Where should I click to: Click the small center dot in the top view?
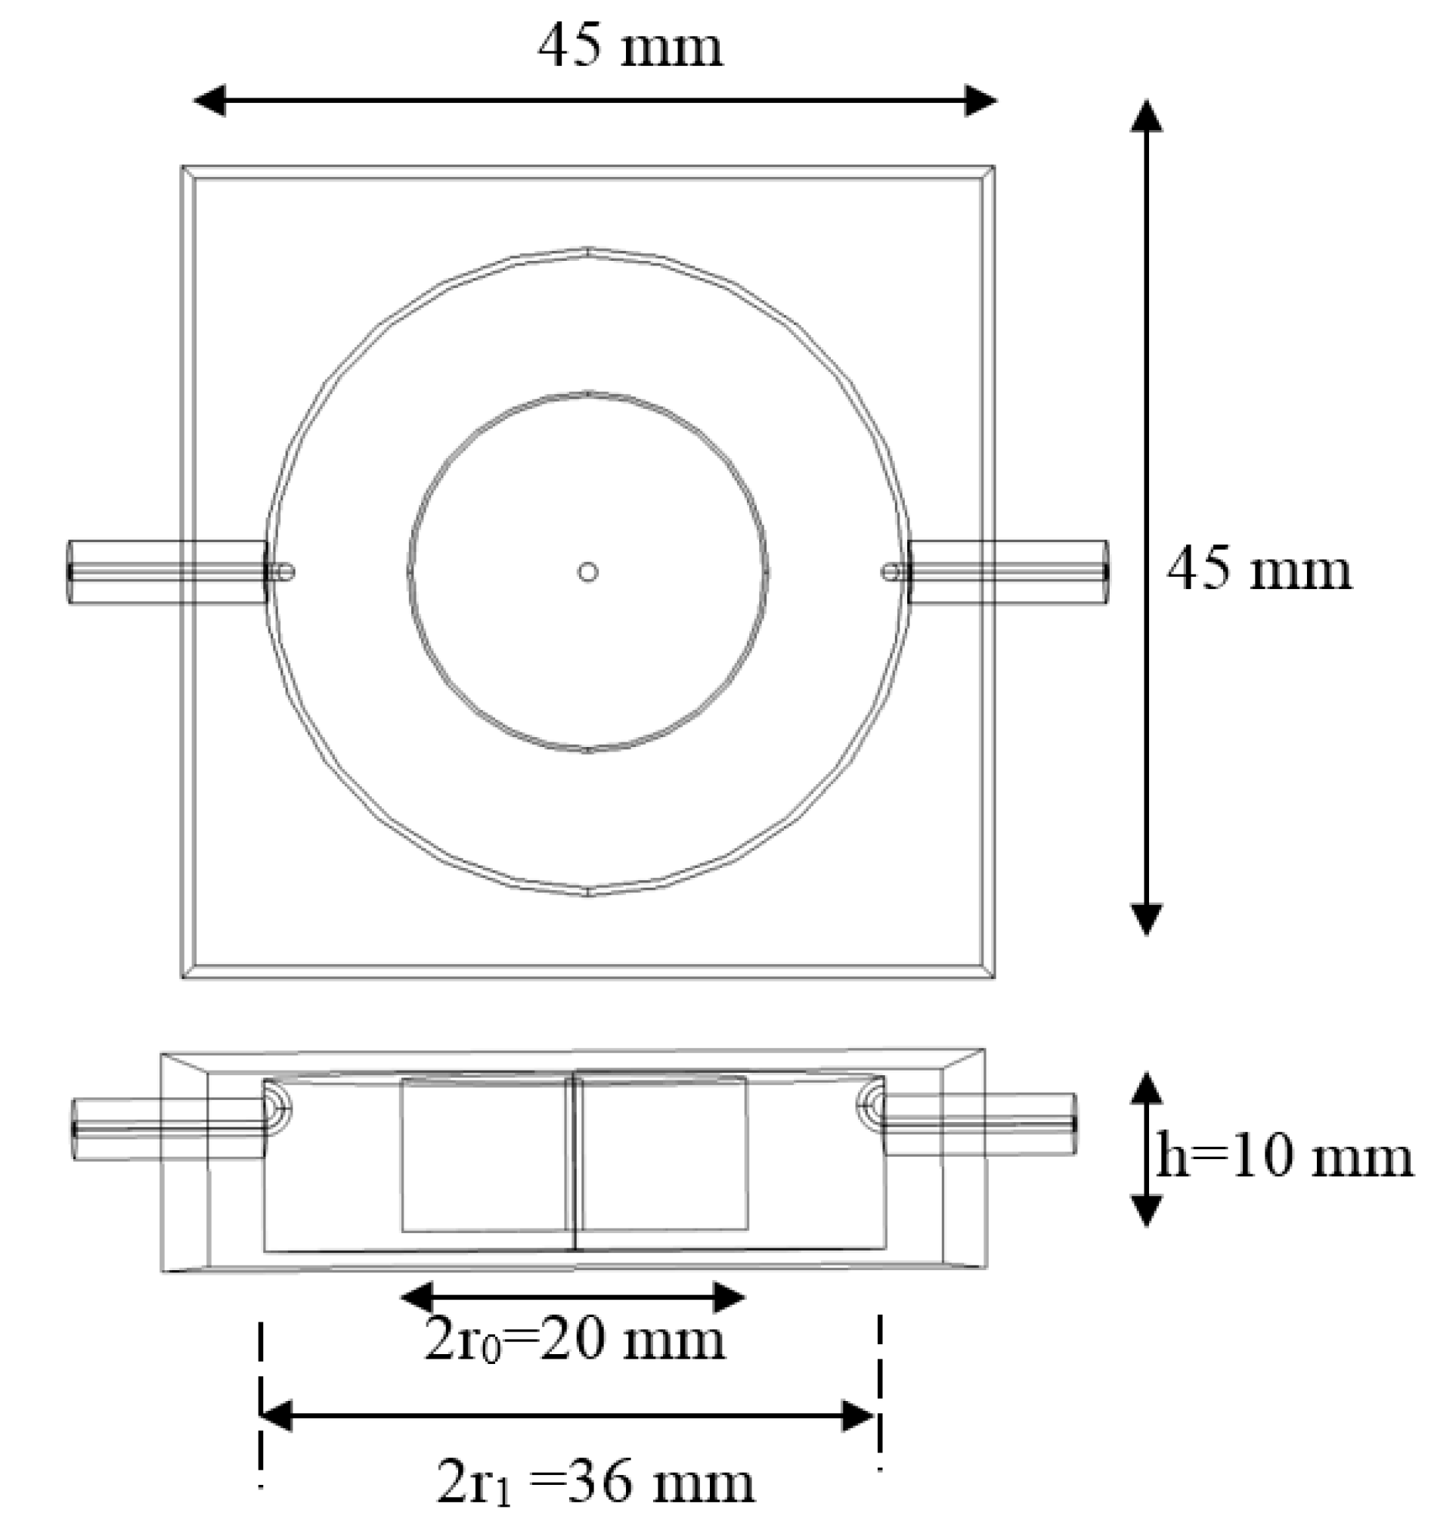588,572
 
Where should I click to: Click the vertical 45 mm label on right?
1259,570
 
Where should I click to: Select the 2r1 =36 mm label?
596,1483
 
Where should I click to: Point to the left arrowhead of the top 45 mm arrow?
209,101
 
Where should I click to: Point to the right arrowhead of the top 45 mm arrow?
980,101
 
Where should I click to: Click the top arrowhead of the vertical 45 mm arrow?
1146,117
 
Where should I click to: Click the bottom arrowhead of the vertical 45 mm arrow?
1146,919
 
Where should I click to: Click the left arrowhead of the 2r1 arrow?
277,1416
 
